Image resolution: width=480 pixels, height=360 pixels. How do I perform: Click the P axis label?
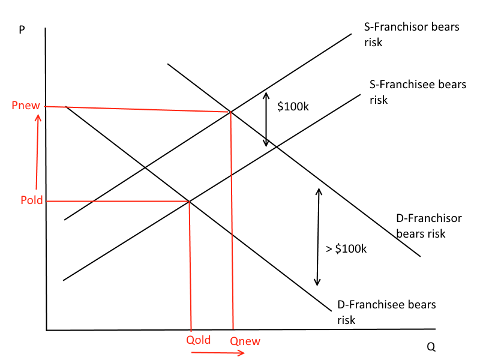(x=22, y=29)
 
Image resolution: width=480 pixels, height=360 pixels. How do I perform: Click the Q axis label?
(x=431, y=347)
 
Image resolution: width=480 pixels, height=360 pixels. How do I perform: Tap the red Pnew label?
(x=25, y=106)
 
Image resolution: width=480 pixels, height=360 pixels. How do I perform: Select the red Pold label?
(x=31, y=200)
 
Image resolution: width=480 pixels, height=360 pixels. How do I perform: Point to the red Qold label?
(x=199, y=340)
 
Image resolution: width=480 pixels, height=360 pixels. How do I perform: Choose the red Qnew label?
(x=245, y=341)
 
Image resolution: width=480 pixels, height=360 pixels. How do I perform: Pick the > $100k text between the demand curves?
(x=346, y=248)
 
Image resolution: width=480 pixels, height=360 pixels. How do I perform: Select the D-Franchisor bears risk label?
(x=429, y=226)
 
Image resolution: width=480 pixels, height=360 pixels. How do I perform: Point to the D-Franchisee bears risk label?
(x=386, y=312)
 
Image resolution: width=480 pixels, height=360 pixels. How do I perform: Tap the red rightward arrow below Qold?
(x=218, y=353)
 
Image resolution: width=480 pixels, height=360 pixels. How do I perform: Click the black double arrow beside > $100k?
(x=319, y=236)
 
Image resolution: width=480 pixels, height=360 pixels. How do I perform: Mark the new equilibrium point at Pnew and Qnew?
(x=230, y=112)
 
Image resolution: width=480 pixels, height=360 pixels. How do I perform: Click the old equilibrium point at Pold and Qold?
(x=190, y=201)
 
